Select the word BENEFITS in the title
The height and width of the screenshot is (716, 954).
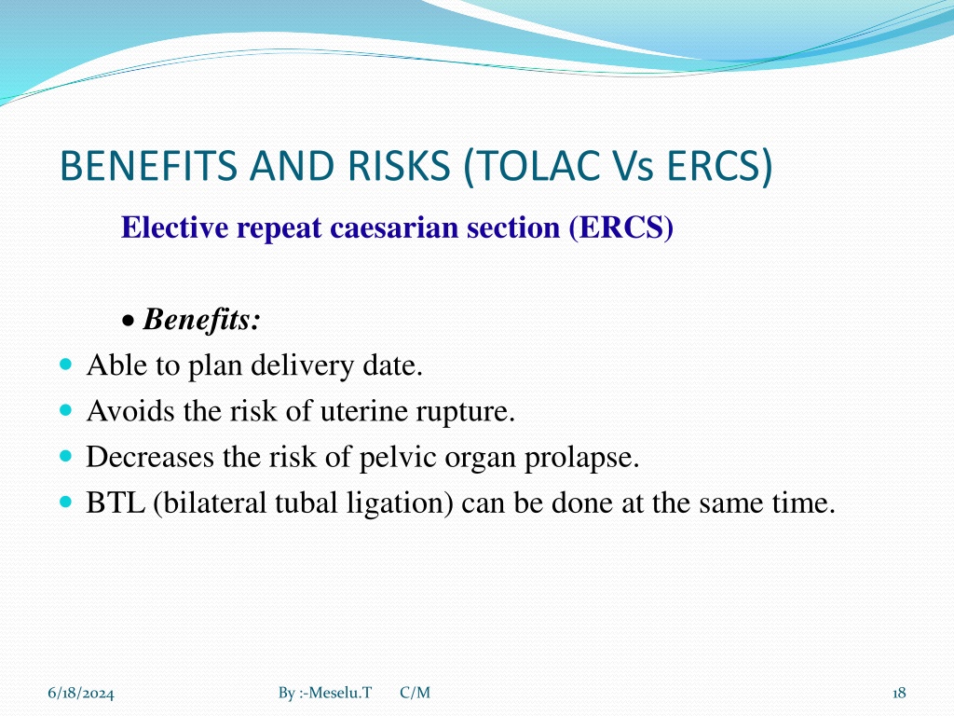point(148,166)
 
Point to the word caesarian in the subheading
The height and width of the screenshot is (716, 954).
point(394,227)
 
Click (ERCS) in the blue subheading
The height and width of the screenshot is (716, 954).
point(620,228)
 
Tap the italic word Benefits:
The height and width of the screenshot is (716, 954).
point(202,319)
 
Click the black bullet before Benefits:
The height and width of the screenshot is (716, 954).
point(129,321)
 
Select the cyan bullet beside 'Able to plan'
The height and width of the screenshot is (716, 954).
point(66,365)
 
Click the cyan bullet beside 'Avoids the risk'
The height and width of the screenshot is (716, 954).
point(66,410)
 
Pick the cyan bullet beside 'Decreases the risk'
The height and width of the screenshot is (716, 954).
point(66,456)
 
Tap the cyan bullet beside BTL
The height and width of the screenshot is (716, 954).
point(66,503)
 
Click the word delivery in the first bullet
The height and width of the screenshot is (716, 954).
point(302,366)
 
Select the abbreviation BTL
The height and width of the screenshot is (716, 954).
point(116,503)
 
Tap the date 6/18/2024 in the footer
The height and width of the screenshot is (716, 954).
point(81,694)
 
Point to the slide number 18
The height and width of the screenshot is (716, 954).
point(899,693)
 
